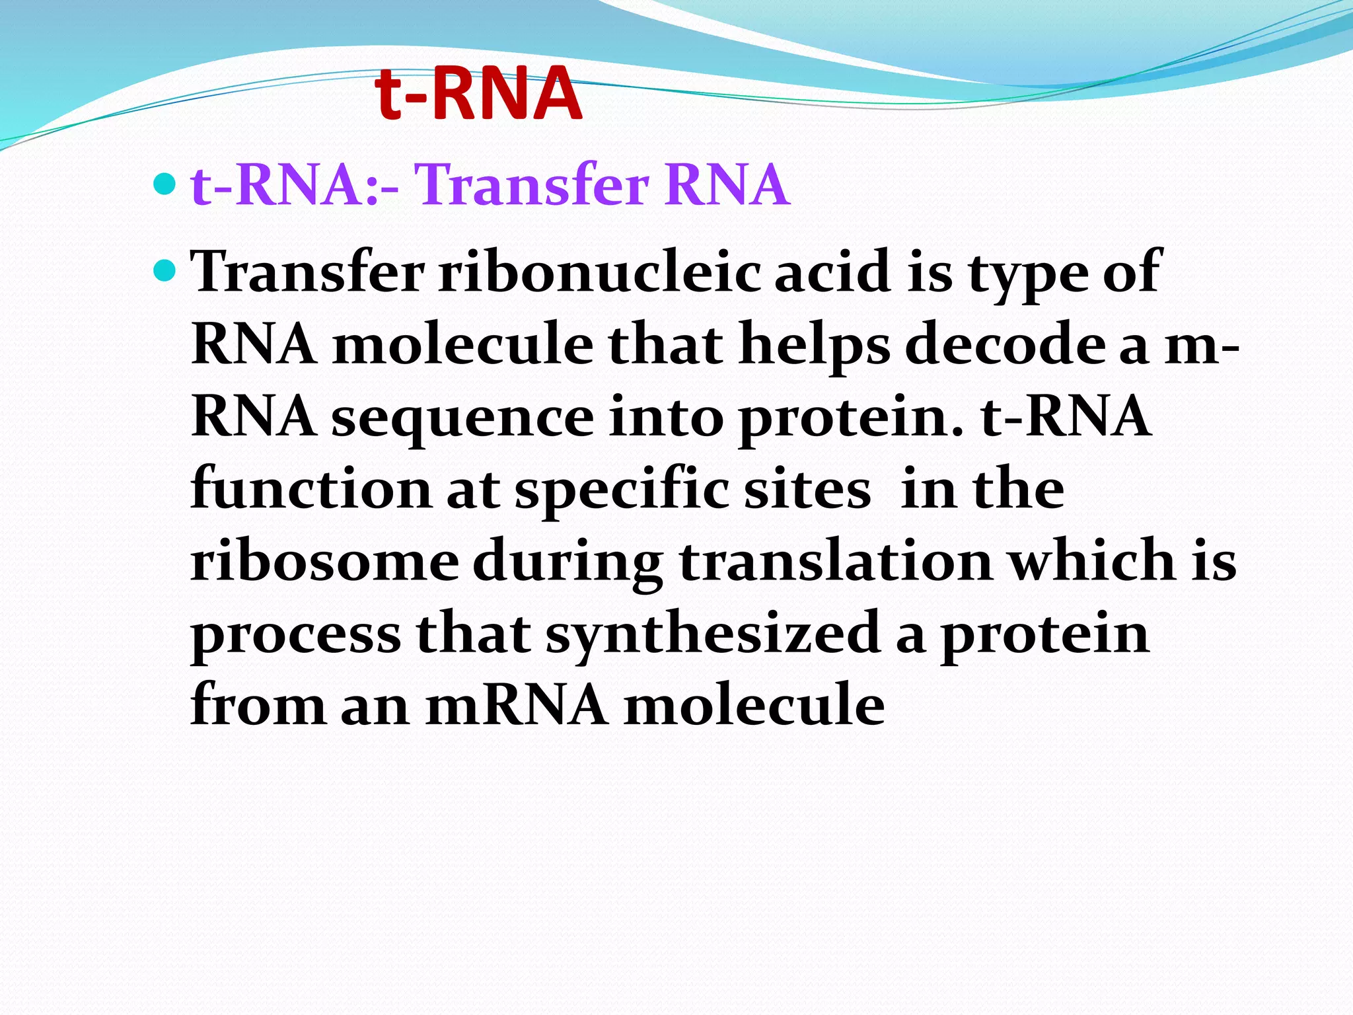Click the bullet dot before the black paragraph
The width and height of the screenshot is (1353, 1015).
pyautogui.click(x=165, y=270)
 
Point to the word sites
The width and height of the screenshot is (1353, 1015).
pyautogui.click(x=807, y=489)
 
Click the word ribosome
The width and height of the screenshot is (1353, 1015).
pyautogui.click(x=324, y=562)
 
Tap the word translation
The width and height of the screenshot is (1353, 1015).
pyautogui.click(x=835, y=562)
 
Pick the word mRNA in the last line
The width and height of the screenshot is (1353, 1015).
pyautogui.click(x=517, y=706)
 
